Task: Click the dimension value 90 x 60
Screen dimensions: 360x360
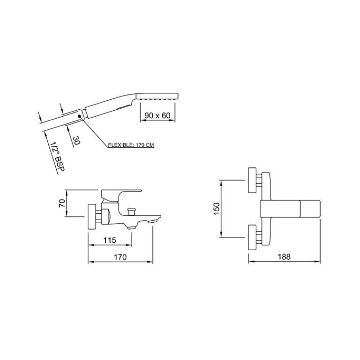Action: click(x=157, y=115)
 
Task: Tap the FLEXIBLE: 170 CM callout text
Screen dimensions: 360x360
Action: click(x=131, y=145)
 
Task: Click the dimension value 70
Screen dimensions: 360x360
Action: click(x=62, y=203)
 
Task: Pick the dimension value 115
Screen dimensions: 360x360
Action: click(x=110, y=240)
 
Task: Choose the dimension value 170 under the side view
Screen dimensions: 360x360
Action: click(x=120, y=257)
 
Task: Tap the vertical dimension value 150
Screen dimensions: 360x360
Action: click(x=217, y=209)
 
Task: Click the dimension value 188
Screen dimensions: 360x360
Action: click(x=284, y=256)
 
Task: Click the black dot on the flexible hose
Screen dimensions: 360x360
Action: click(x=79, y=116)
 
